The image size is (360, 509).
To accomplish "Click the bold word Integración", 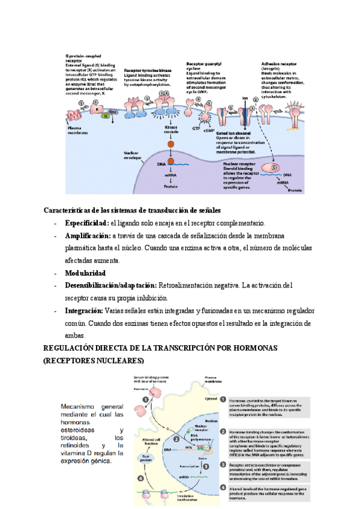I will pyautogui.click(x=83, y=311).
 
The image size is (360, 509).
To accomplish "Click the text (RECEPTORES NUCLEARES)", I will pyautogui.click(x=94, y=361).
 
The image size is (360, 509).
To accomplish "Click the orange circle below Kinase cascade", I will pyautogui.click(x=170, y=145).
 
